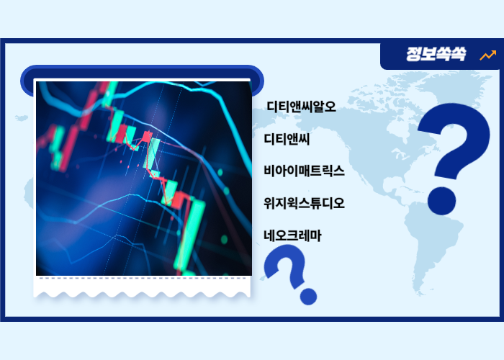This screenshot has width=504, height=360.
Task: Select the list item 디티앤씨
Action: (287, 138)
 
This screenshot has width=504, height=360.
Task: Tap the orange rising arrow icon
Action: (487, 55)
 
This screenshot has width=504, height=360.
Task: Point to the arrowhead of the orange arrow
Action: (493, 52)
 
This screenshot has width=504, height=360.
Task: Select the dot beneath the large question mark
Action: (440, 199)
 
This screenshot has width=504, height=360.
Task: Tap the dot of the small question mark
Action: (308, 295)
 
